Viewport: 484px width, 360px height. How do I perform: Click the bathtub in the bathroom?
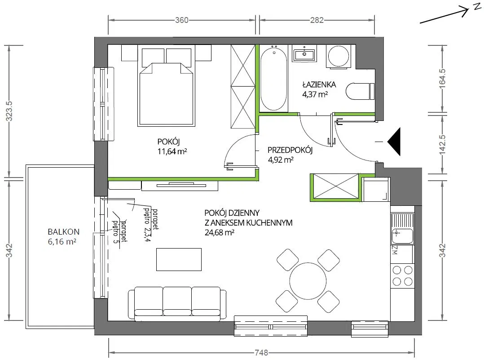tap(274, 79)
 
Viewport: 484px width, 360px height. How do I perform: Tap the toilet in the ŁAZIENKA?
tap(360, 91)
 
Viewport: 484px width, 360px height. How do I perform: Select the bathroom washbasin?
tap(304, 54)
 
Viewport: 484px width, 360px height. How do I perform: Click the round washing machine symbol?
tap(339, 56)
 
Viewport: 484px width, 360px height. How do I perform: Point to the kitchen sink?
tap(402, 229)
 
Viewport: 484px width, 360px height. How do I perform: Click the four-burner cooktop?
tap(402, 276)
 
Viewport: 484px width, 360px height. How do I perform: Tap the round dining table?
tap(308, 281)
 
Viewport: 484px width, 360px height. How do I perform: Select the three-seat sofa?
tap(178, 304)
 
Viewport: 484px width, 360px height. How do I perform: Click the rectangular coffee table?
tap(179, 260)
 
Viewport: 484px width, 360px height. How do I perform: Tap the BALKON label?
tap(64, 232)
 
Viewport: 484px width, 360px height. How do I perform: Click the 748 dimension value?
tap(261, 352)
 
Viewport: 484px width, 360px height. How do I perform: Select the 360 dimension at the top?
tap(181, 20)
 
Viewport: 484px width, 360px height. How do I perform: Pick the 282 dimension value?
tap(317, 20)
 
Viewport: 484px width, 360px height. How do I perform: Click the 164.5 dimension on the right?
tap(442, 79)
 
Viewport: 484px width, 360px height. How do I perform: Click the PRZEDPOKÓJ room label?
tap(290, 150)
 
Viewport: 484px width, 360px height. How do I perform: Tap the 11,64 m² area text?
tap(172, 151)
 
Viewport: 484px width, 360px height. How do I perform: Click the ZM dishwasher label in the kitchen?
tap(394, 250)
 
